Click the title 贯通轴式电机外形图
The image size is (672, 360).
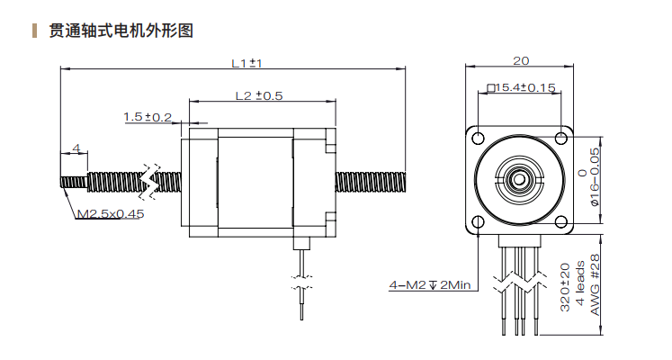(x=122, y=31)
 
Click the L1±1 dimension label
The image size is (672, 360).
(x=246, y=63)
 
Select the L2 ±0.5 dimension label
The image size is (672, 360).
(x=259, y=95)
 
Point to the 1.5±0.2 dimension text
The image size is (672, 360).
(x=148, y=117)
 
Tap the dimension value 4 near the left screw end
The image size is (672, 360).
(x=76, y=148)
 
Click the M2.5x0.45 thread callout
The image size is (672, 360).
(x=110, y=214)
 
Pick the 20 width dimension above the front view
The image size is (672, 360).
(x=520, y=61)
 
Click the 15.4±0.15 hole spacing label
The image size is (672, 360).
(x=522, y=87)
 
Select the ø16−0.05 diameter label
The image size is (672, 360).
(x=596, y=175)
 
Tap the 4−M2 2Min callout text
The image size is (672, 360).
(x=430, y=285)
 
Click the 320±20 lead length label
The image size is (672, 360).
(x=565, y=288)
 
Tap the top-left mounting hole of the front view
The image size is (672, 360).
(x=479, y=137)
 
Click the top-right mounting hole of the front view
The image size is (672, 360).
(x=562, y=137)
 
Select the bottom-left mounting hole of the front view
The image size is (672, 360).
(x=479, y=220)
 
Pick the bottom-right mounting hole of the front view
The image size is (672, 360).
(x=562, y=220)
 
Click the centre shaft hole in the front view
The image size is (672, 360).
(x=520, y=177)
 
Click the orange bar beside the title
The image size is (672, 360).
(x=34, y=31)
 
